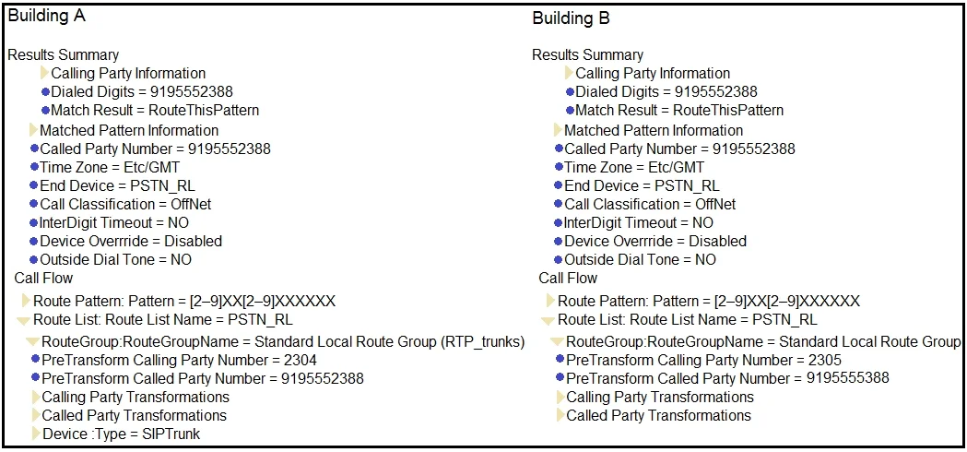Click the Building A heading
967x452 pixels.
46,17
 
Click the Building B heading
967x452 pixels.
571,18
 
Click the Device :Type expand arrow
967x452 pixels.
36,434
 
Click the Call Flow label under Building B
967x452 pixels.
568,278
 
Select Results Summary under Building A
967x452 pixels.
63,55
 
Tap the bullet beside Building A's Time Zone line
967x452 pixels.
34,167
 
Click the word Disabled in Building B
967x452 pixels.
717,241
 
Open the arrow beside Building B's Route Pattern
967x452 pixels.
550,301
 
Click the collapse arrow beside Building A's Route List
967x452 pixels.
23,320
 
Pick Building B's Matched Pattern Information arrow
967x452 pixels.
558,130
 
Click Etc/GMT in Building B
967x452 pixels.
676,167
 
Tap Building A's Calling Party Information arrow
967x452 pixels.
44,74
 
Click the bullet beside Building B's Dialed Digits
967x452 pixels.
571,92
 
